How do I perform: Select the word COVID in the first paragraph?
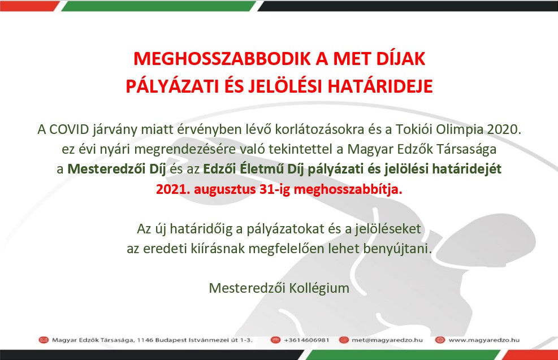pyautogui.click(x=69, y=129)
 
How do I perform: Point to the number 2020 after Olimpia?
pyautogui.click(x=504, y=129)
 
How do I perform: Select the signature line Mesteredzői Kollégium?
pyautogui.click(x=279, y=288)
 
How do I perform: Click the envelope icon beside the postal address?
pyautogui.click(x=44, y=340)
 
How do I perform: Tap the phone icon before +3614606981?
pyautogui.click(x=275, y=340)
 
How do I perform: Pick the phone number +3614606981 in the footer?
pyautogui.click(x=306, y=340)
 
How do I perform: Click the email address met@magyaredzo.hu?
pyautogui.click(x=387, y=340)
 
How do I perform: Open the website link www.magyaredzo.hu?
pyautogui.click(x=484, y=340)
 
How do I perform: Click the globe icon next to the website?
pyautogui.click(x=440, y=340)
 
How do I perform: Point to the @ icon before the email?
pyautogui.click(x=344, y=340)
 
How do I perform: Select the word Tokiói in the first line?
pyautogui.click(x=414, y=129)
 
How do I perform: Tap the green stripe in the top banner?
pyautogui.click(x=158, y=6)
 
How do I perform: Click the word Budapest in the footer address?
pyautogui.click(x=169, y=340)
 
